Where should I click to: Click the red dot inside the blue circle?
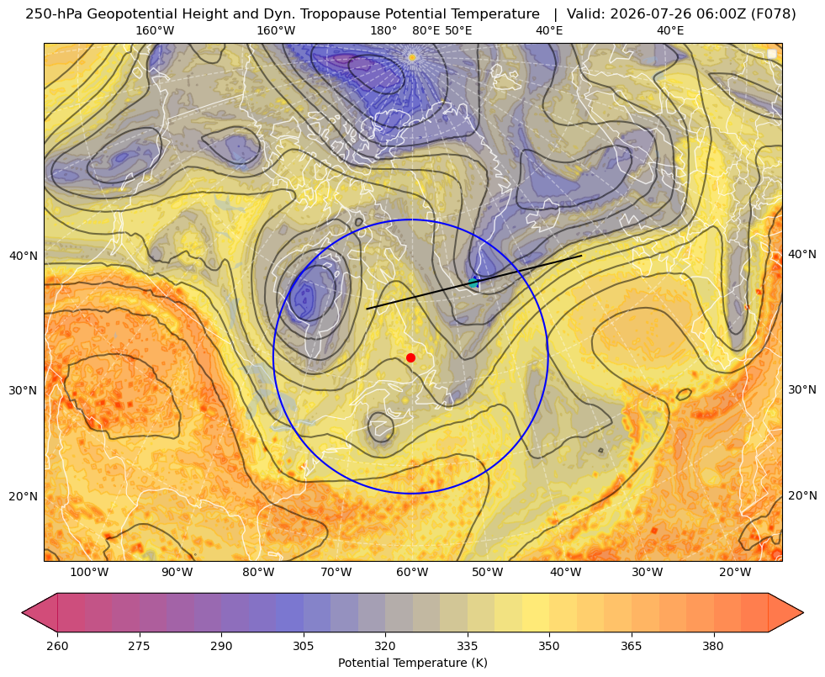tap(411, 357)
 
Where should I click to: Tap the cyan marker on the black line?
tap(473, 282)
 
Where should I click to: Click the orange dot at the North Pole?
tap(412, 57)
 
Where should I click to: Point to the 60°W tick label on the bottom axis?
tap(412, 572)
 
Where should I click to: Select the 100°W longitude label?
tap(89, 572)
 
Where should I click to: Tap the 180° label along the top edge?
tap(383, 30)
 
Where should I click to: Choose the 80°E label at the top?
tap(426, 30)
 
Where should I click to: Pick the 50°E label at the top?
tap(458, 30)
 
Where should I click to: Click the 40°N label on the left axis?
tap(24, 256)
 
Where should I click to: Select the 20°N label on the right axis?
tap(802, 495)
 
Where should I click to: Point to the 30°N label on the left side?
tap(24, 390)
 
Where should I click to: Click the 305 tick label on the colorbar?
tap(304, 646)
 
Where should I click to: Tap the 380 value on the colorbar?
tap(713, 646)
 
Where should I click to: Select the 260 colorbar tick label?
tap(57, 646)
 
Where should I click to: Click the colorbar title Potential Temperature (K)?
tap(412, 662)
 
